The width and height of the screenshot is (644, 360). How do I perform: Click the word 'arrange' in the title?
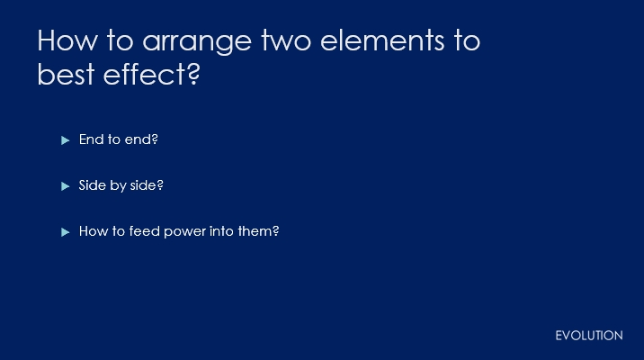click(x=197, y=42)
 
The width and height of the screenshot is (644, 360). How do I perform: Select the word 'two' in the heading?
click(x=286, y=40)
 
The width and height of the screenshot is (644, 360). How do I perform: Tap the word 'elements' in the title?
click(x=382, y=40)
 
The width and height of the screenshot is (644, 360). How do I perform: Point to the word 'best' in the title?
click(x=67, y=74)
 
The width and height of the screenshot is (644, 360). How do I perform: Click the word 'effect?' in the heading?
click(x=151, y=74)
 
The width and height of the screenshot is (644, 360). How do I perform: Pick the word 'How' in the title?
click(x=67, y=40)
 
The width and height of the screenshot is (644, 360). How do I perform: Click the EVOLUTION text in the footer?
click(x=589, y=336)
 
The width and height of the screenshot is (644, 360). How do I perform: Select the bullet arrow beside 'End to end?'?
click(x=66, y=140)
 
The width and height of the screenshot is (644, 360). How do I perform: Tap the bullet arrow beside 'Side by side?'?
click(x=66, y=186)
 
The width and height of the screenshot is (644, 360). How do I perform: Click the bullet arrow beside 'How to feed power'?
click(x=66, y=232)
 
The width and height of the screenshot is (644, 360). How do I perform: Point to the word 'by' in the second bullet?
click(x=119, y=185)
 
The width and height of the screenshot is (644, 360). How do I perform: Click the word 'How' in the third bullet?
click(x=90, y=231)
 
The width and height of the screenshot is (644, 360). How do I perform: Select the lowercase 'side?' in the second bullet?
click(x=147, y=185)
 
